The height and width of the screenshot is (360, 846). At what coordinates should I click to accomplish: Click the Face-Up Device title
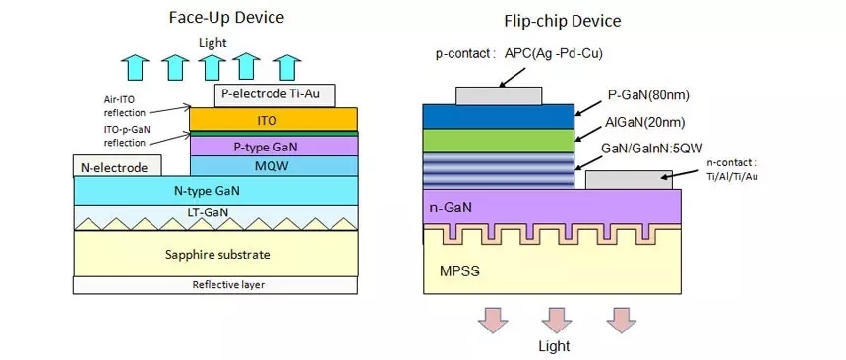tap(226, 18)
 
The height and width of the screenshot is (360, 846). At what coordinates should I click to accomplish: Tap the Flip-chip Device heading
tap(563, 21)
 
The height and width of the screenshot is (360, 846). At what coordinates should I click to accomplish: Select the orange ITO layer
tap(273, 119)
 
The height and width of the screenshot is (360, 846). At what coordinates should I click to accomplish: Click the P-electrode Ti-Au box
tap(275, 95)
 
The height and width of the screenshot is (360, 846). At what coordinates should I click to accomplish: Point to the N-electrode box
tap(117, 166)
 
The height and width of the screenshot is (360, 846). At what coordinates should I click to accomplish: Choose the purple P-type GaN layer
tap(274, 146)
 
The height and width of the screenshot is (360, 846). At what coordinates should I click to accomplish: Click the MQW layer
tap(274, 165)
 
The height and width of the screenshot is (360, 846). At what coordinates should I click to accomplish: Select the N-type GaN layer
tap(215, 190)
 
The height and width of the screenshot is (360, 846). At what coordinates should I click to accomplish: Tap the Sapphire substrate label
tap(217, 254)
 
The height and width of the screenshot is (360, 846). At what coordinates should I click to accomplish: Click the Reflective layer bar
tap(215, 285)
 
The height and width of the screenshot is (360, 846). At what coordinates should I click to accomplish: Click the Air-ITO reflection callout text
tap(125, 106)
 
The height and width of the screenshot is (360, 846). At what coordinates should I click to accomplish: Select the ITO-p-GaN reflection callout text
tap(125, 137)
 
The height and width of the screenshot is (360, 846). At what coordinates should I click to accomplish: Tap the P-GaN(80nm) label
tap(649, 96)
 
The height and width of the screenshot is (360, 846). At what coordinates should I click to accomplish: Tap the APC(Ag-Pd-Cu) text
tap(554, 53)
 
